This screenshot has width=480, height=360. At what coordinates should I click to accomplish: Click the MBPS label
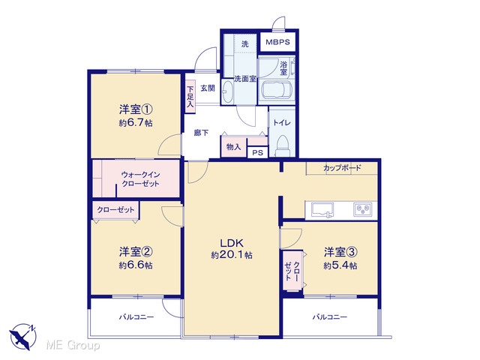tap(277, 42)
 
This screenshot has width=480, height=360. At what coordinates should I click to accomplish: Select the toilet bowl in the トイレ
tap(282, 146)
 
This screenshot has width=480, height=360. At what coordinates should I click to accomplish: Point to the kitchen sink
tap(322, 211)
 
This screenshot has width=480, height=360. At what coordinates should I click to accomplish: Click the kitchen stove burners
tap(363, 210)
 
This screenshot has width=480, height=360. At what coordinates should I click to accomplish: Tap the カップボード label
tap(342, 168)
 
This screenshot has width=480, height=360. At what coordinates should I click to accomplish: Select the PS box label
tap(257, 152)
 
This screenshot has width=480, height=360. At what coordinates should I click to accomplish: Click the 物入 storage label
tap(233, 147)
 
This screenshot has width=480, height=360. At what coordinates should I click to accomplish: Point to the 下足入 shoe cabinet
tap(190, 97)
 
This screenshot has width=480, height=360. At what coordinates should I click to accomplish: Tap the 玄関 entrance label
tap(208, 88)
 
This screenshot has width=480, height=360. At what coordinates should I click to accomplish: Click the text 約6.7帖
tap(136, 123)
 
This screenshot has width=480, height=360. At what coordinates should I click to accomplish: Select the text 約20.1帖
tap(232, 255)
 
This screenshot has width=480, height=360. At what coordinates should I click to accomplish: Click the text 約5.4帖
tap(340, 265)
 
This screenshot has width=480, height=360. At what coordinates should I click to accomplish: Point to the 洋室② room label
tap(136, 252)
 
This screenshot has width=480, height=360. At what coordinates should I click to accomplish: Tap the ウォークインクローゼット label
tap(140, 179)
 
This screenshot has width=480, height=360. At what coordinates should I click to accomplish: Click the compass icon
tap(23, 337)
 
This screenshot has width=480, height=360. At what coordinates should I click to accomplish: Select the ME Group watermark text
tap(73, 345)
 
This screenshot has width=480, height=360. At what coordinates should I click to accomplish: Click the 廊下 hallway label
tap(201, 133)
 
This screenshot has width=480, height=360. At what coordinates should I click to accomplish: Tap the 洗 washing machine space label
tap(245, 44)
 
